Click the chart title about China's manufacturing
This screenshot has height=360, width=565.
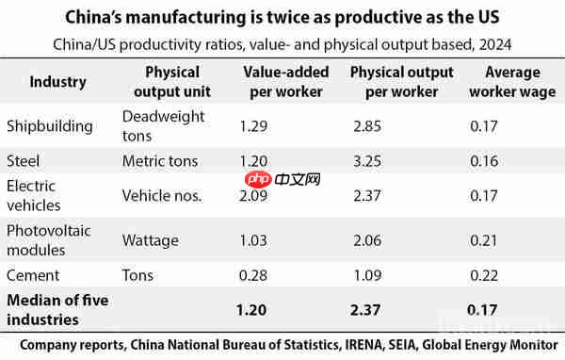point(282,18)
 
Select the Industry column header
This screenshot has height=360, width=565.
point(57,82)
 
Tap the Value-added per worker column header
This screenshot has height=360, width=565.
point(283,82)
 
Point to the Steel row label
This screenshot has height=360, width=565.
point(23,160)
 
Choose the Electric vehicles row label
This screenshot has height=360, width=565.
point(34,195)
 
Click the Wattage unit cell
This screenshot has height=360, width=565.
point(150,240)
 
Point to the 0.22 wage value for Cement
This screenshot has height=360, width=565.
point(483,275)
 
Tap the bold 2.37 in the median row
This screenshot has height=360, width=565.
point(367,309)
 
